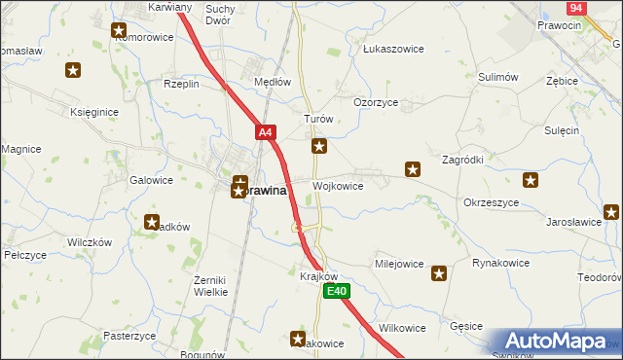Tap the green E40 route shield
point(336,292)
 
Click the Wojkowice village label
point(338,186)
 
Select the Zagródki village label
point(462,160)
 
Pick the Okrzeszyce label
point(491,202)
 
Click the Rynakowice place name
point(500,263)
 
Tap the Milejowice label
point(399,264)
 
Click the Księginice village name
point(94,112)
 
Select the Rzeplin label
point(181,84)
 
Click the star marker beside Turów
point(318,147)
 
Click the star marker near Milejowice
point(439,274)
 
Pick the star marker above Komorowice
point(119,31)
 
